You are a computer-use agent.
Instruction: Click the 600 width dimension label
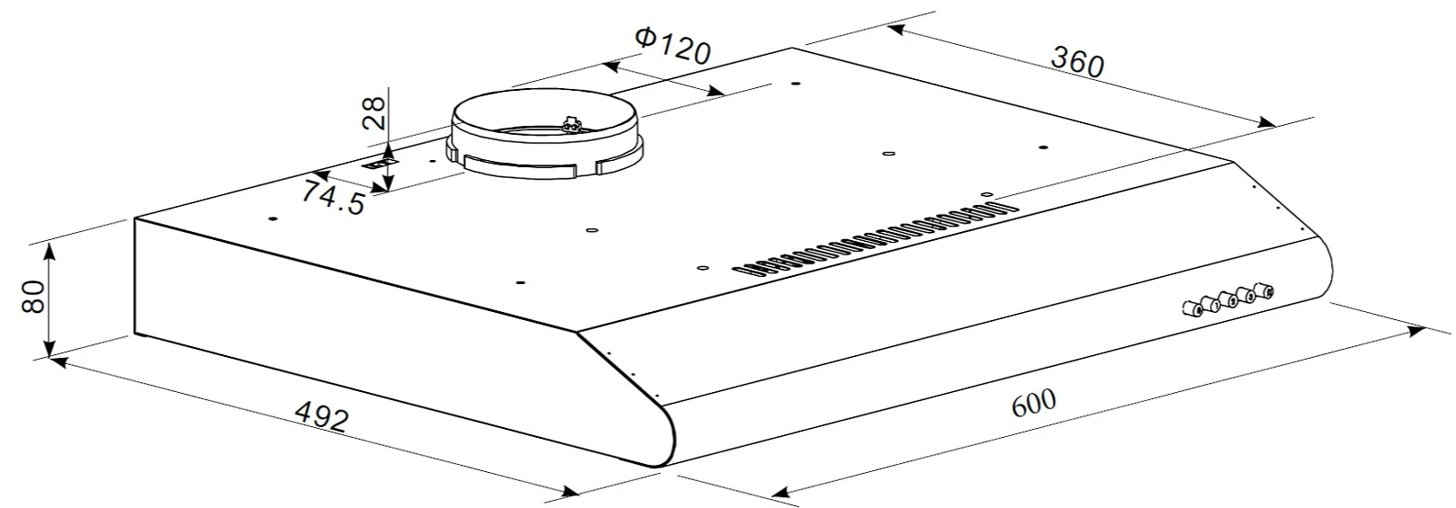(1033, 403)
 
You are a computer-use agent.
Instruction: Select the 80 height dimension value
(33, 296)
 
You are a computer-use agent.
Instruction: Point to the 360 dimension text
(1077, 62)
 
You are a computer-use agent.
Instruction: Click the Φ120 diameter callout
(673, 44)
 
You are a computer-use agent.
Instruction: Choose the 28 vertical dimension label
(374, 113)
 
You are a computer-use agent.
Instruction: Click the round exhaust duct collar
(544, 135)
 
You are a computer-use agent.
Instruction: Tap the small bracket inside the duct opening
(571, 123)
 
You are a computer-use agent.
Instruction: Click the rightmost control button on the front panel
(1264, 290)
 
